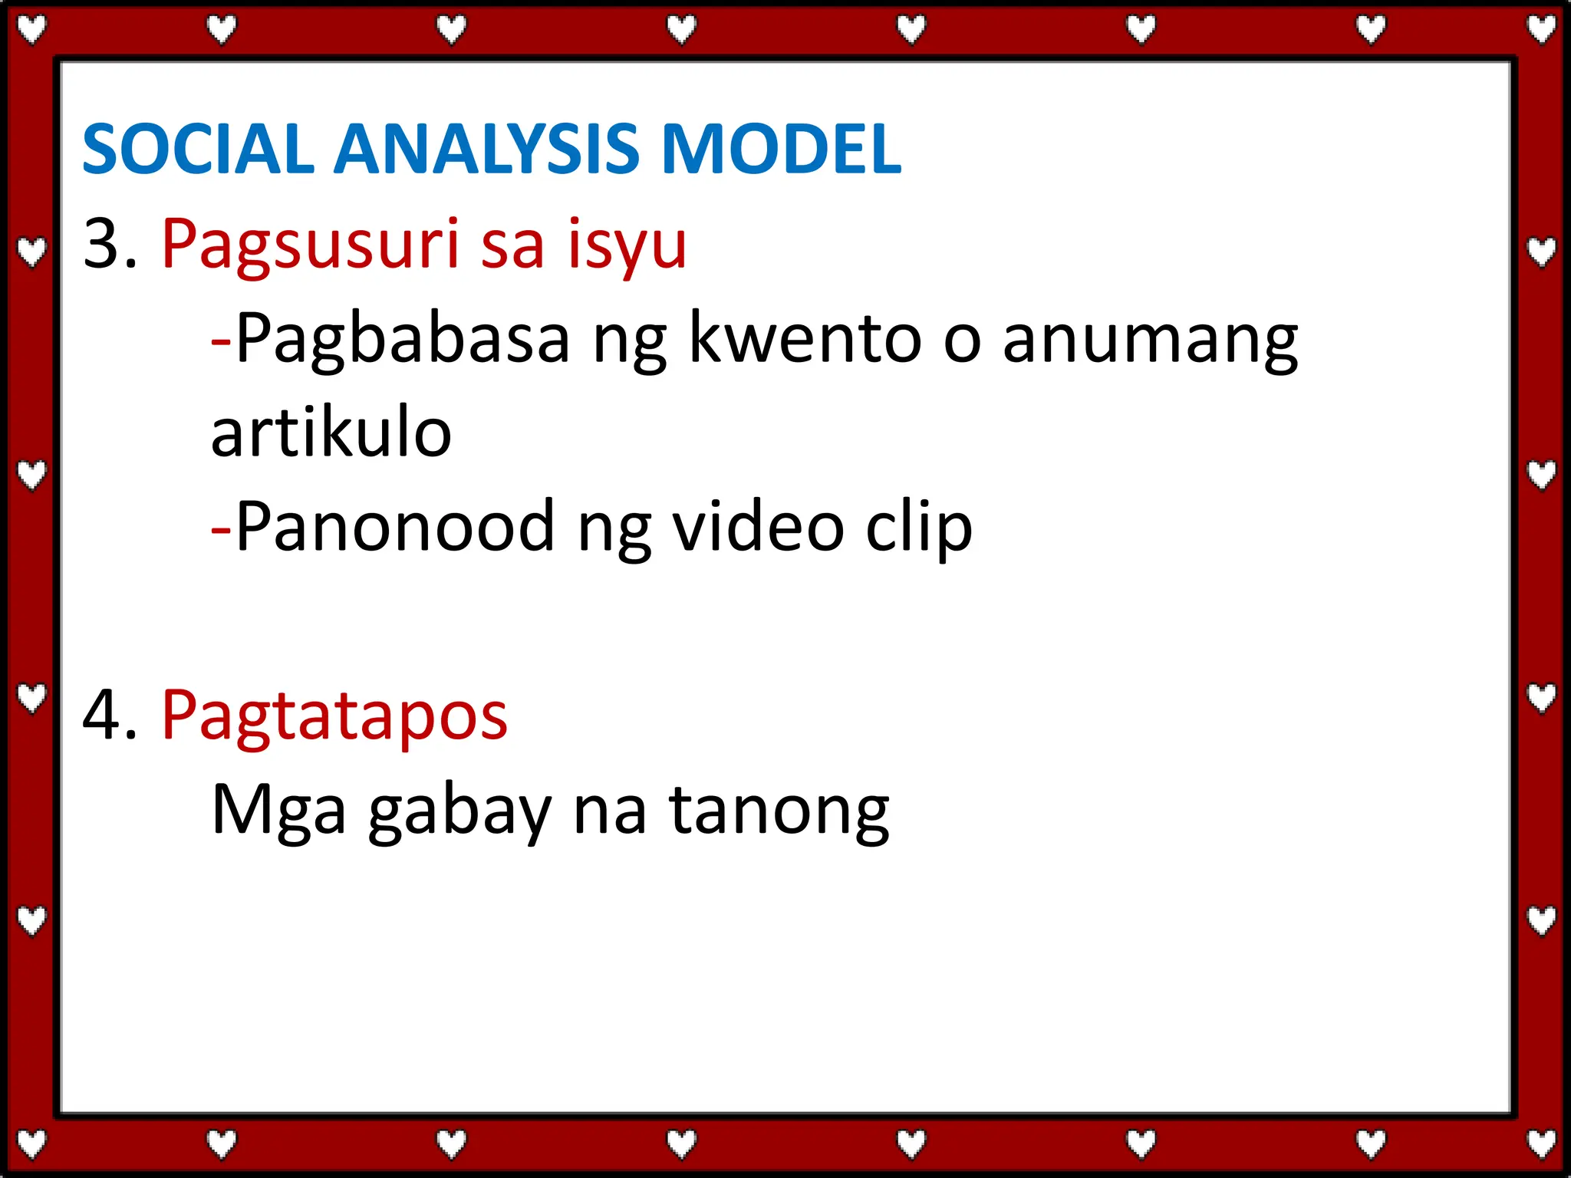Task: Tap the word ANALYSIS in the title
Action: (x=486, y=149)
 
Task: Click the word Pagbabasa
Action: (x=403, y=340)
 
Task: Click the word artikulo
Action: (x=331, y=433)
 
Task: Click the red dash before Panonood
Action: (x=221, y=529)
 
